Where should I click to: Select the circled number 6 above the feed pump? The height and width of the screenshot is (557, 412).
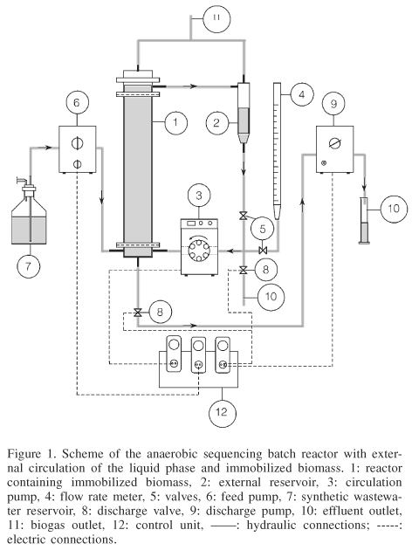click(73, 104)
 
